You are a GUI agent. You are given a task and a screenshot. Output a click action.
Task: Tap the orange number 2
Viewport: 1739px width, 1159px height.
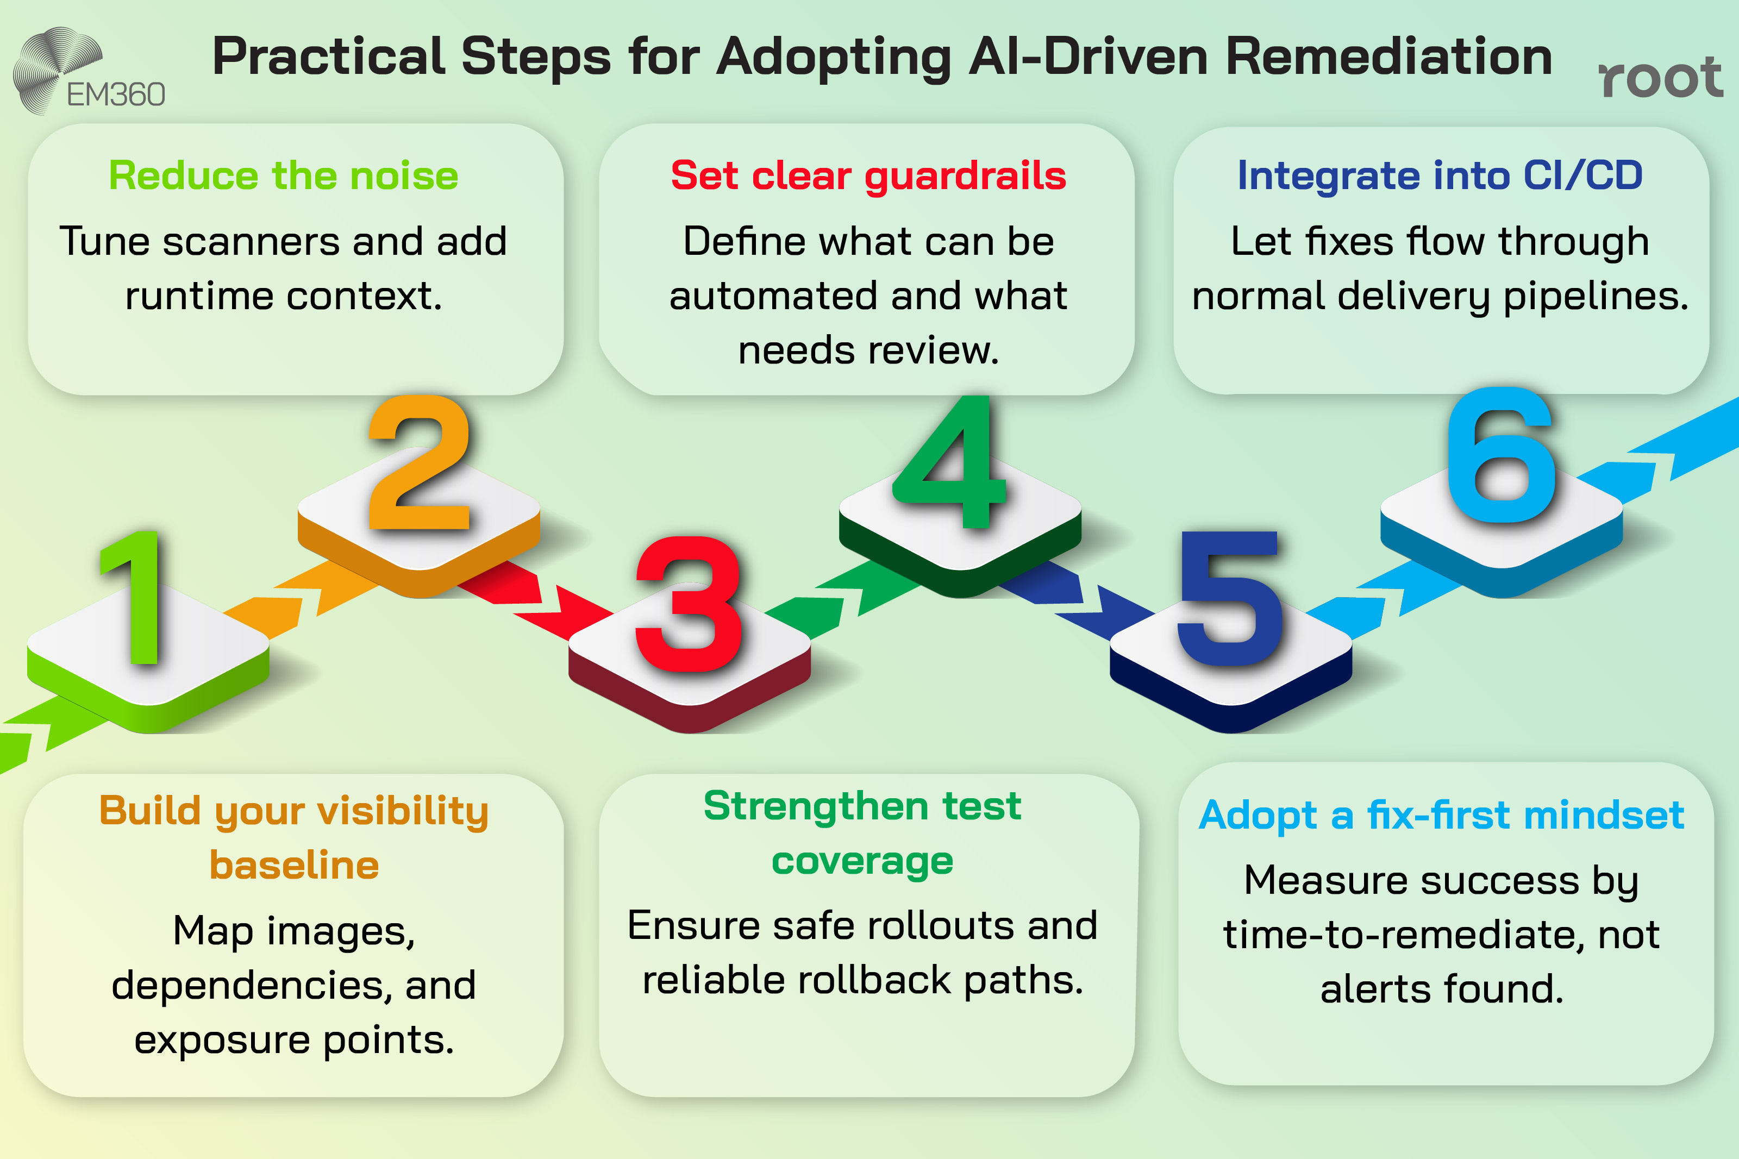419,464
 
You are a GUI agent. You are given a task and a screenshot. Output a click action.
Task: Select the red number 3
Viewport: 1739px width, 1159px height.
688,605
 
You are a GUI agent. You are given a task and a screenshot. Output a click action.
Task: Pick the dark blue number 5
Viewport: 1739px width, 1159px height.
1229,599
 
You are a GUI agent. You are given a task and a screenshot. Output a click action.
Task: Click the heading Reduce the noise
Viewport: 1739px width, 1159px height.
283,176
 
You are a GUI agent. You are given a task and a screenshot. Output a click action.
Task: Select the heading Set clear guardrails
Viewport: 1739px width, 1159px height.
868,176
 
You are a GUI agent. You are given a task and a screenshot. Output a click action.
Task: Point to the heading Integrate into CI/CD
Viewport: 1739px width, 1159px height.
1440,176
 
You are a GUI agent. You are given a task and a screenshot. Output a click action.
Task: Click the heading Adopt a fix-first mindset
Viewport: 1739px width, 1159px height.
1441,815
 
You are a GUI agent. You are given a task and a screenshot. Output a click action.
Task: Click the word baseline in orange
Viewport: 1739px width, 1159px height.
294,866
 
